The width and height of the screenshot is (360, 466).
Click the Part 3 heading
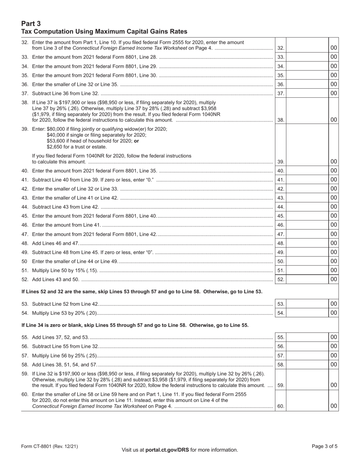tap(31, 23)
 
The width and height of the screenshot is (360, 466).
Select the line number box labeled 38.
tap(280, 120)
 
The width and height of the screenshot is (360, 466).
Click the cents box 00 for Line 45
tap(333, 216)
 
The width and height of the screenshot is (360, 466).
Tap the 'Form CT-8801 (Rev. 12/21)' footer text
tap(50, 446)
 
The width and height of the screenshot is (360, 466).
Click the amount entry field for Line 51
tap(307, 271)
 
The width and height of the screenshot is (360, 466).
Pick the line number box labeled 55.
tap(280, 337)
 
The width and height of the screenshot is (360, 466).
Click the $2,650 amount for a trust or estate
tap(56, 147)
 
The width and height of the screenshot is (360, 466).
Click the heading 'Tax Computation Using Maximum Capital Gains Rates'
tap(104, 31)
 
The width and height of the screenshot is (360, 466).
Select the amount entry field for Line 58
tap(307, 364)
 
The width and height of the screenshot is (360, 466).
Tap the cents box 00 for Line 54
tap(333, 313)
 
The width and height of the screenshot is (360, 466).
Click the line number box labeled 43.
tap(280, 198)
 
